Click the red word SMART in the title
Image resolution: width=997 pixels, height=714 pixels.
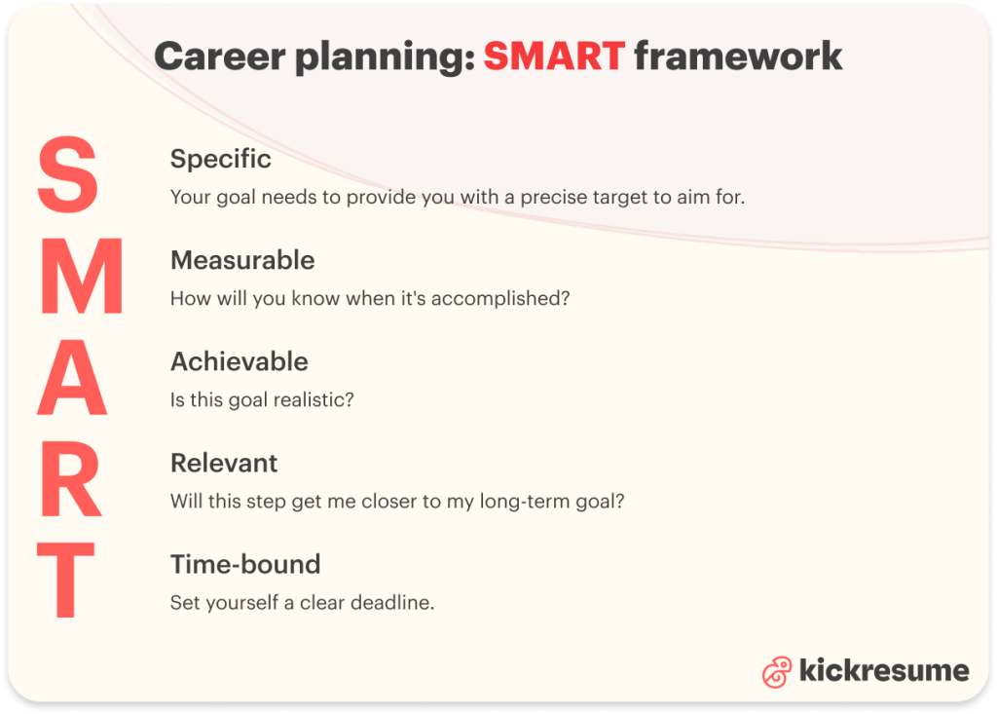pos(554,56)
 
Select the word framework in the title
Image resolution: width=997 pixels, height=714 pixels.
pos(738,56)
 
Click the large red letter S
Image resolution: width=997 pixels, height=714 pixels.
pos(68,176)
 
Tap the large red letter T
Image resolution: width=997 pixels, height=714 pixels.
pos(65,582)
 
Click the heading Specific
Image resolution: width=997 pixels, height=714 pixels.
pos(221,159)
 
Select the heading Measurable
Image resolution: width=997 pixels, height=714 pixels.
pos(242,260)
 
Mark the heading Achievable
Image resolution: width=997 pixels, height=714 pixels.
pos(240,361)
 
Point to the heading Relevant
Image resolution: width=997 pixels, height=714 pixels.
pos(224,463)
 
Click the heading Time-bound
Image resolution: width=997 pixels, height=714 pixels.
pos(245,564)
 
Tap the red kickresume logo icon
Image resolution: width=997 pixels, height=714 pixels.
pos(777,671)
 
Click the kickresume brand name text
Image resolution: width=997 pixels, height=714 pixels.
pos(884,670)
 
